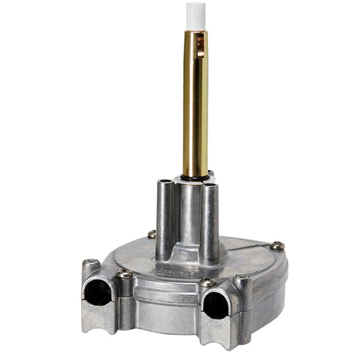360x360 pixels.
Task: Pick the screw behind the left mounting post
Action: [152, 234]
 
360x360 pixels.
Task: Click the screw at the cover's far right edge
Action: [276, 246]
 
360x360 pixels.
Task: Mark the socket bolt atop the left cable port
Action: [91, 263]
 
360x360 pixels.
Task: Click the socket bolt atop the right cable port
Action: [242, 278]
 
